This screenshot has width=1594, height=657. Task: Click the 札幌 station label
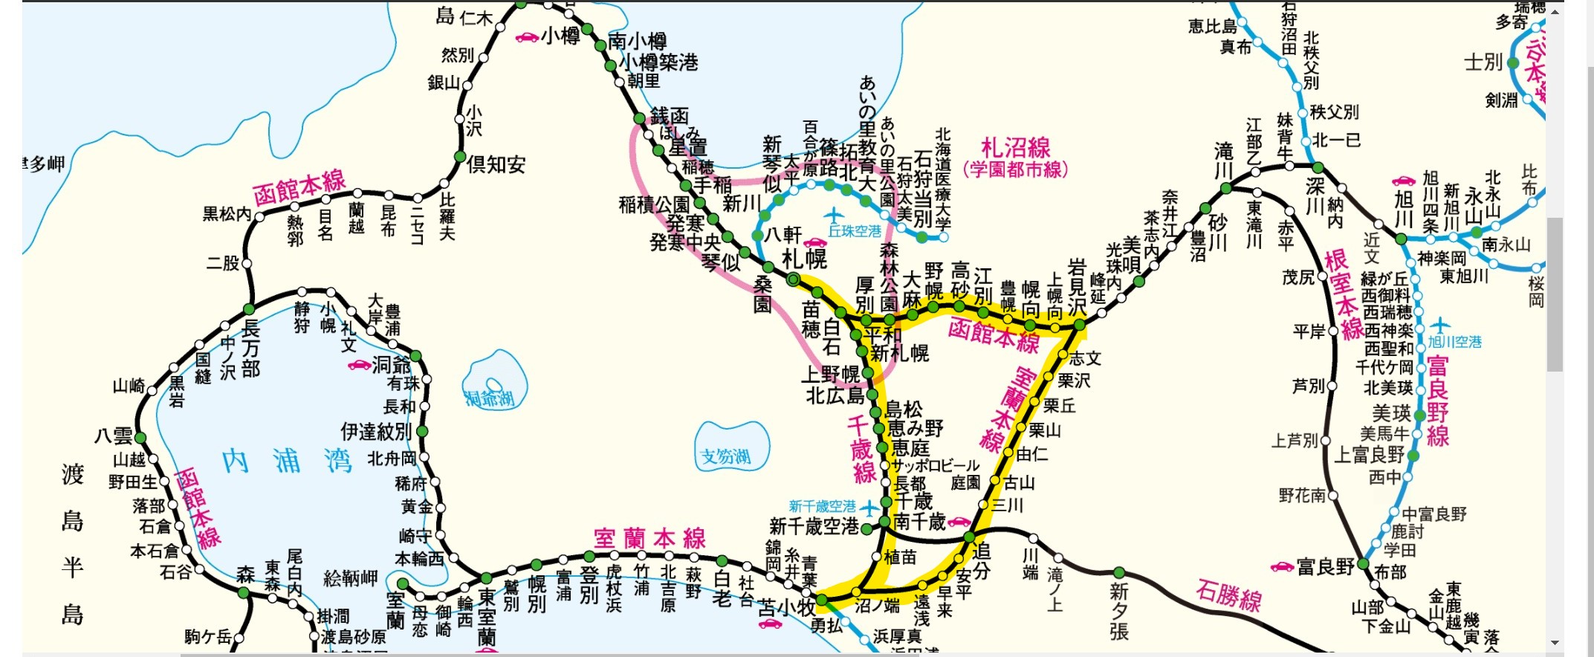[x=805, y=259]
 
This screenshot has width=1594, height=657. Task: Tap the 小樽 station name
[x=560, y=36]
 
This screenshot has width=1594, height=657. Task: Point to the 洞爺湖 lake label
[x=490, y=399]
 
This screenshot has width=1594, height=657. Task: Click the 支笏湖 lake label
[x=725, y=456]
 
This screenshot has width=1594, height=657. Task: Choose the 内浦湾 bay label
[x=287, y=462]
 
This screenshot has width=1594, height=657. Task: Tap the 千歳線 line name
[x=862, y=450]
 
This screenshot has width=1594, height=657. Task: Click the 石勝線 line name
[x=1228, y=595]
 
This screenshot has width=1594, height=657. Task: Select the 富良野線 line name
[x=1438, y=401]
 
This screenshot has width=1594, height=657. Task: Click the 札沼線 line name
[x=1015, y=148]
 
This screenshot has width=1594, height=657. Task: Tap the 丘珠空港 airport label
[x=855, y=231]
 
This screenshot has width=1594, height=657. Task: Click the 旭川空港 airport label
[x=1454, y=342]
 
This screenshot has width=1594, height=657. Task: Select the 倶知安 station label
[x=496, y=164]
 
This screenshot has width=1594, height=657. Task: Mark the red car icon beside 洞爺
[x=360, y=365]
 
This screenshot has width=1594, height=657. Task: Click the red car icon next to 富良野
[x=1282, y=567]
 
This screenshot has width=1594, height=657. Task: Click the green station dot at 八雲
[x=140, y=438]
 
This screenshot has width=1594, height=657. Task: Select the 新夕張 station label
[x=1118, y=612]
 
